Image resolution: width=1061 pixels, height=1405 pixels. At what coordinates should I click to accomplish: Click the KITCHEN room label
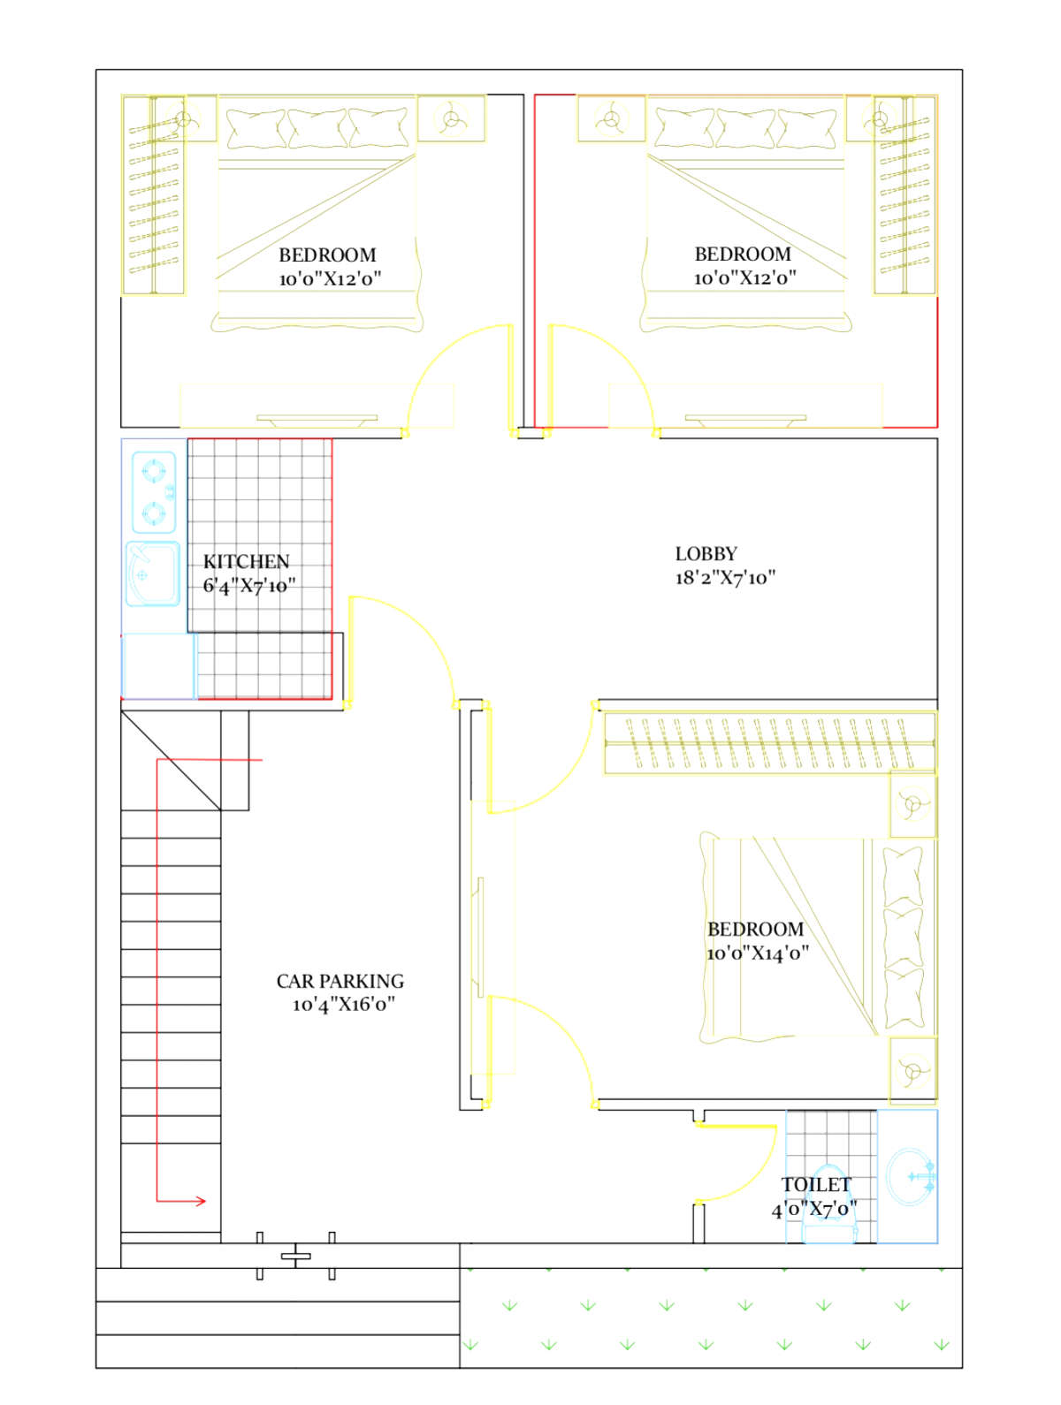click(x=247, y=561)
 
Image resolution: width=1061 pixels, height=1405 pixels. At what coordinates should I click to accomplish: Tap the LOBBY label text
click(x=706, y=554)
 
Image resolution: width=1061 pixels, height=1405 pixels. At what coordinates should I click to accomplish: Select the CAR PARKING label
click(x=340, y=981)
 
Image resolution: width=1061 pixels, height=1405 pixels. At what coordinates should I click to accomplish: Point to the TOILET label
click(x=816, y=1184)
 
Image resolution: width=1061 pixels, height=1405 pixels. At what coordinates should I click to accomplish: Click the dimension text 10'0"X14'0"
click(x=758, y=953)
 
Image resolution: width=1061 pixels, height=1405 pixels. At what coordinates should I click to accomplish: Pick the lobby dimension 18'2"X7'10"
click(x=725, y=577)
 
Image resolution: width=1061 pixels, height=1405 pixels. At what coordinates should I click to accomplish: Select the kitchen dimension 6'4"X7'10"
click(x=249, y=585)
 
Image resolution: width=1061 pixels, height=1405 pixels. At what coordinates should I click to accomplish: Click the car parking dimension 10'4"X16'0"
click(x=343, y=1005)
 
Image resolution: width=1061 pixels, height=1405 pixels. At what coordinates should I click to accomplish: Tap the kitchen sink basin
click(x=152, y=573)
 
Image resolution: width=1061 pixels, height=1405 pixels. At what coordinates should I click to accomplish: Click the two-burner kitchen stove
click(x=154, y=492)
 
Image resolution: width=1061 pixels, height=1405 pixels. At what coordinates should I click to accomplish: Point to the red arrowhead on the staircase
click(x=201, y=1202)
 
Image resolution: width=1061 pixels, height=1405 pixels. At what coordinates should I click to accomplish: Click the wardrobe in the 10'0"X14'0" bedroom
click(x=769, y=742)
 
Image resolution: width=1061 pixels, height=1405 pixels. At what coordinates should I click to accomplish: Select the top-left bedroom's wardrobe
click(x=154, y=195)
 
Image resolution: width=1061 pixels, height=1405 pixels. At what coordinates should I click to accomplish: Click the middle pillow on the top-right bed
click(x=745, y=128)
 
